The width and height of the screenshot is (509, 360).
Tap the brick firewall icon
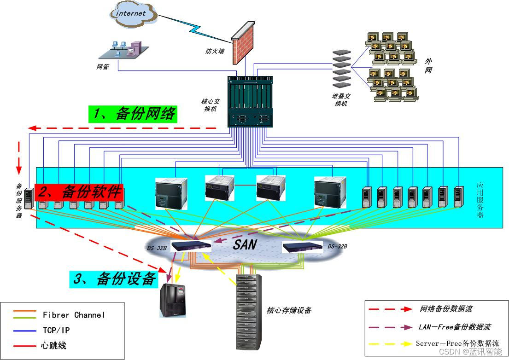pos(243,43)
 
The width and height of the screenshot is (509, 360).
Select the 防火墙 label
pos(215,51)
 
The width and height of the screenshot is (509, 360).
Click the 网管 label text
pos(102,67)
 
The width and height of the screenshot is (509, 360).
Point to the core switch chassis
pos(250,101)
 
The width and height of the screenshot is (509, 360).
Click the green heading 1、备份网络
pos(133,114)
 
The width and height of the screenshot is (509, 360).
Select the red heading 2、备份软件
pos(80,192)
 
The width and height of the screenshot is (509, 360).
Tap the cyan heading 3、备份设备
pos(114,279)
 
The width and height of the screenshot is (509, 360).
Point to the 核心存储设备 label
pos(289,310)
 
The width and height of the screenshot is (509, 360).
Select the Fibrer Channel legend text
pos(74,315)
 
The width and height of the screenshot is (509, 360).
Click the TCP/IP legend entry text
pos(56,330)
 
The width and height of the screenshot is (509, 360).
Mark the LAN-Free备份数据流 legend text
pos(454,327)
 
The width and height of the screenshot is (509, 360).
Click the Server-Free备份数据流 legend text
pos(457,343)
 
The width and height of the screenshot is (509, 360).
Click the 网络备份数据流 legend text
pos(446,308)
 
